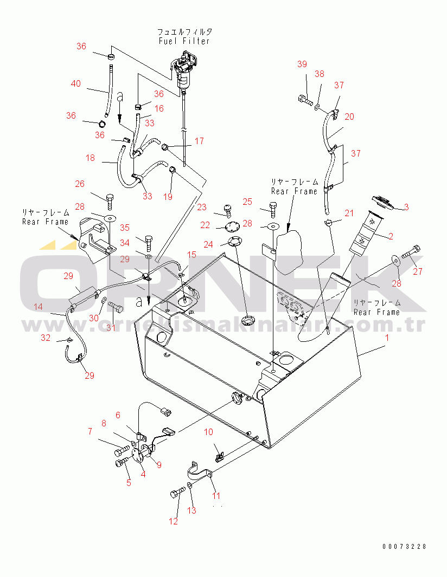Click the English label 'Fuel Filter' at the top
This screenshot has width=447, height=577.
[x=184, y=41]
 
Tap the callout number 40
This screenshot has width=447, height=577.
[x=76, y=83]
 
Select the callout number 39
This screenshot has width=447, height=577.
[x=302, y=64]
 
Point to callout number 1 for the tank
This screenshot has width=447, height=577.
[x=387, y=338]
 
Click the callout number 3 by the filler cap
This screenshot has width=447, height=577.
[x=406, y=206]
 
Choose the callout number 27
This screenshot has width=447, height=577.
[x=417, y=272]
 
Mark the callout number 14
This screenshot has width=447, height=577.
[x=38, y=307]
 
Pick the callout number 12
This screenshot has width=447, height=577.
[x=173, y=521]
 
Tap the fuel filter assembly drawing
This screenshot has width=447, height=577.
[x=186, y=70]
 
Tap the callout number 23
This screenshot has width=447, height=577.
[x=202, y=206]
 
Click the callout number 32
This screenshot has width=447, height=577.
[x=46, y=338]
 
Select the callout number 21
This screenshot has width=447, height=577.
[x=349, y=213]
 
